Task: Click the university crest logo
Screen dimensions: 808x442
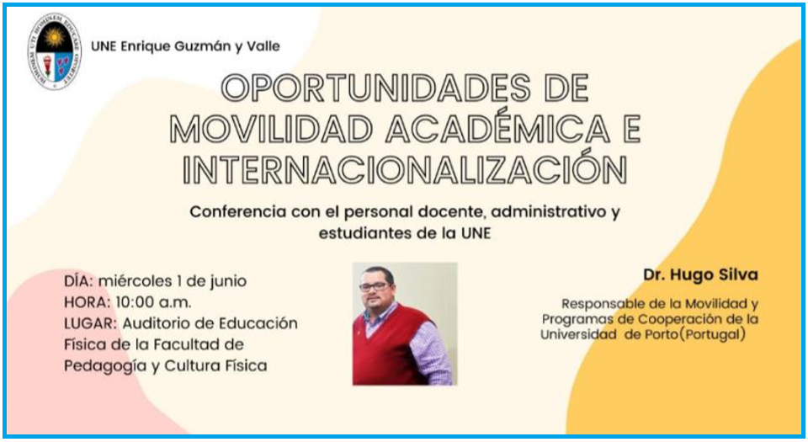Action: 55,51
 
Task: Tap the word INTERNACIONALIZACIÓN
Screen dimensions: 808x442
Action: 405,168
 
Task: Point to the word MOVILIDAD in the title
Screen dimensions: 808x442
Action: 271,129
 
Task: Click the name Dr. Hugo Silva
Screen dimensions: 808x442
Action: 700,274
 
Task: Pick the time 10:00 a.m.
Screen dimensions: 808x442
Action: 153,302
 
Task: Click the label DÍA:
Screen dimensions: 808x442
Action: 79,280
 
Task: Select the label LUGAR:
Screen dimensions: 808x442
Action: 91,323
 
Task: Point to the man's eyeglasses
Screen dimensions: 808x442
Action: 374,286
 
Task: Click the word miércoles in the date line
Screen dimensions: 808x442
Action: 135,280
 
